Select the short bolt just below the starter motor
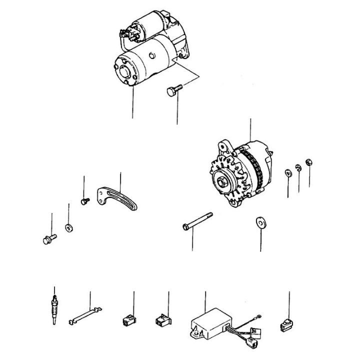(x=173, y=90)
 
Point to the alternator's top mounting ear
(x=223, y=146)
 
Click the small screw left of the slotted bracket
(x=84, y=201)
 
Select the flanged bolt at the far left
(x=47, y=239)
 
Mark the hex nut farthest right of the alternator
(x=308, y=162)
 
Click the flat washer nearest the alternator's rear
(x=288, y=173)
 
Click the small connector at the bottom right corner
(x=285, y=325)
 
